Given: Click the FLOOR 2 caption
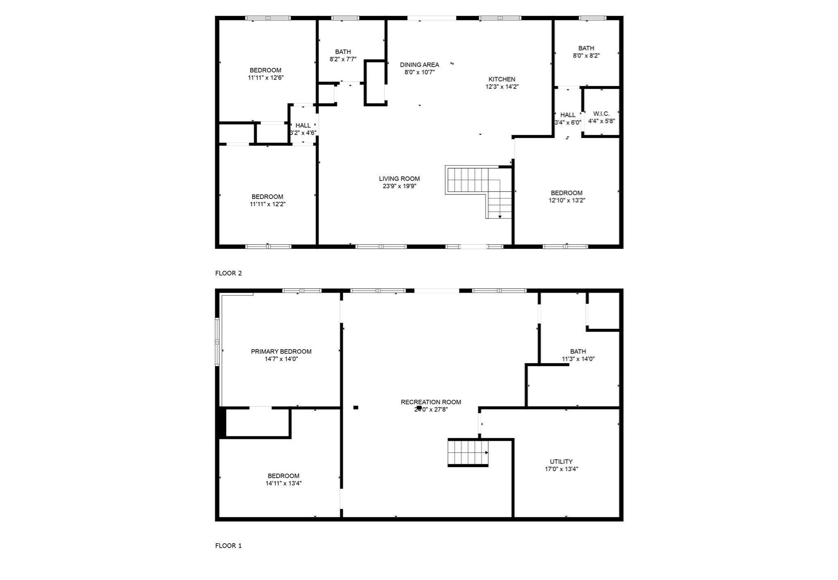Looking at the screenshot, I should point(228,273).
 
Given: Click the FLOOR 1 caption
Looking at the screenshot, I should point(228,546).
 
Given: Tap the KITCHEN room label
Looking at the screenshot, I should point(502,79).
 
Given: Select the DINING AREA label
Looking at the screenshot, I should point(419,65).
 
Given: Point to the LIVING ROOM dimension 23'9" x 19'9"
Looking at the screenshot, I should point(399,186).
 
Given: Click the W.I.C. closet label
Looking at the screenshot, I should point(601,113).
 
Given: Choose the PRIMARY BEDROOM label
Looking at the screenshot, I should point(281,351).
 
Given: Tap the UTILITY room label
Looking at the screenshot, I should point(561,461).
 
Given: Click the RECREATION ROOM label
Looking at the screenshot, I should point(431,402).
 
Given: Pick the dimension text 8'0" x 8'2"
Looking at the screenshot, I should point(586,56).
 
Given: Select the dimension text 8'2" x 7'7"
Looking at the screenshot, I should point(343,59).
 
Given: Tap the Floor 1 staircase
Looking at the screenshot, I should point(468,452).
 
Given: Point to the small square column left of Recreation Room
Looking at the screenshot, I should point(356,407).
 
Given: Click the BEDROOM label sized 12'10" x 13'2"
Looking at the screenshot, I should point(566,193).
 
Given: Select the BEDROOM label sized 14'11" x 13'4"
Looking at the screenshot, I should point(283,476).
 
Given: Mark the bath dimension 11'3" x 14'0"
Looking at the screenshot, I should point(578,359).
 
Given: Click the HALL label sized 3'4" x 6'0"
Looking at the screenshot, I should point(568,115).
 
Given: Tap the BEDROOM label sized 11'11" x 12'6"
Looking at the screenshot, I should point(266,70).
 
